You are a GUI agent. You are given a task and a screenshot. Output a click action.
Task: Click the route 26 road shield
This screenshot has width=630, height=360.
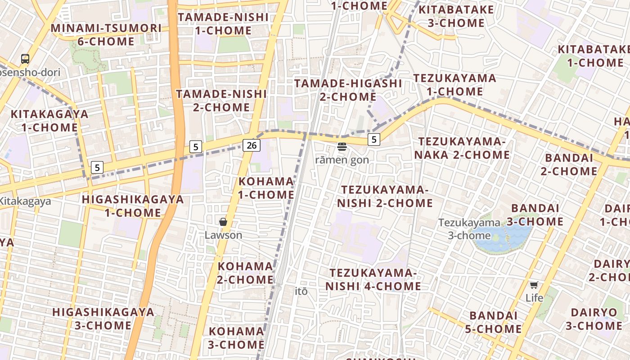(252, 145)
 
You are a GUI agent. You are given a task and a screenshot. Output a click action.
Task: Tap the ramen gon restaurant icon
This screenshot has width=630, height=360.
(342, 147)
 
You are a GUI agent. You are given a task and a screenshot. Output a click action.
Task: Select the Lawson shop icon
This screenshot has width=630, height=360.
(223, 222)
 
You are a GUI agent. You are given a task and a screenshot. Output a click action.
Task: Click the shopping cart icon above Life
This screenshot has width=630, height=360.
(534, 284)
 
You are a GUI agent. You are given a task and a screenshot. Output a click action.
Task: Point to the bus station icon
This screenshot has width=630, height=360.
(25, 59)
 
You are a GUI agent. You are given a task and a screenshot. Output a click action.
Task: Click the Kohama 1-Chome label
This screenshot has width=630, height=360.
(266, 188)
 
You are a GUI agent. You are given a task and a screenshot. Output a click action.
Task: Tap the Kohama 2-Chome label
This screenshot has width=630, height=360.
(245, 273)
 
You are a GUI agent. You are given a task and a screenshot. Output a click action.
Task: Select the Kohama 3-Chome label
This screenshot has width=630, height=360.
(236, 338)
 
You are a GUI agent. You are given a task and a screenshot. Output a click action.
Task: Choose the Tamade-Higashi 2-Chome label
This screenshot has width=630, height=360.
(348, 90)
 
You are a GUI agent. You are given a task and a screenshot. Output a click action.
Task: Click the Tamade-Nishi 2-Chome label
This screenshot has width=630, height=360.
(221, 100)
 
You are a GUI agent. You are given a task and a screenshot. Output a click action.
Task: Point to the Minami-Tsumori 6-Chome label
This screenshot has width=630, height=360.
(106, 35)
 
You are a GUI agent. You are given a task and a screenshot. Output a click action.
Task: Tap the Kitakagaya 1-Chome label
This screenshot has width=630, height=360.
(49, 121)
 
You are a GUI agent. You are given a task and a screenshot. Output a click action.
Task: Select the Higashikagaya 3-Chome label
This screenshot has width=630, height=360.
(103, 319)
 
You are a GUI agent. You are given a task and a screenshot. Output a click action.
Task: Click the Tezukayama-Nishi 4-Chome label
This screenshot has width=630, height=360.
(373, 279)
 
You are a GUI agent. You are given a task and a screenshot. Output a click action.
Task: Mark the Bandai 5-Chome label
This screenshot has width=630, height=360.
(493, 322)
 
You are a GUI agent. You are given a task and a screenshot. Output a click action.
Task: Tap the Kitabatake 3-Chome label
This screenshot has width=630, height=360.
(456, 16)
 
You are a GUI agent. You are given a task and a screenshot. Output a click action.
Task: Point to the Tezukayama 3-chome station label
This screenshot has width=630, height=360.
(469, 229)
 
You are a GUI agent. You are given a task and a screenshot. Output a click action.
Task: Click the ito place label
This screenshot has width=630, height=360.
(301, 291)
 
